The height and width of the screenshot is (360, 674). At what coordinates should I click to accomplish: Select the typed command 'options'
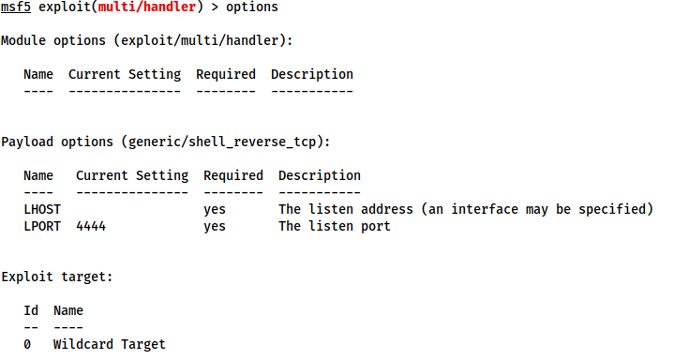[x=251, y=7]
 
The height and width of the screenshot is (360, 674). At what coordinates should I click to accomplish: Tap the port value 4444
[x=91, y=226]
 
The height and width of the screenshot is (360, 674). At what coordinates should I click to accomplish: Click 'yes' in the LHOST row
[x=215, y=209]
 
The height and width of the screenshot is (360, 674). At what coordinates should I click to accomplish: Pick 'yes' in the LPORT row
[x=215, y=226]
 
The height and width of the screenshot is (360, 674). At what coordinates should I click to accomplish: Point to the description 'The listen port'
[x=334, y=226]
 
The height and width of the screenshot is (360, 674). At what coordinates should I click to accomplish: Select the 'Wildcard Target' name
[x=109, y=344]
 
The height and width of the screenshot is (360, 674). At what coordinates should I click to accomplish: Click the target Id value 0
[x=27, y=344]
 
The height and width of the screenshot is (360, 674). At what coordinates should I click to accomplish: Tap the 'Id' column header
[x=31, y=309]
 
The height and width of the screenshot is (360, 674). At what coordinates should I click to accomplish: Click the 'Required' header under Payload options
[x=233, y=175]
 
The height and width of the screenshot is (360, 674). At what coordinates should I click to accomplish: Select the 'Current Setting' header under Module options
[x=124, y=74]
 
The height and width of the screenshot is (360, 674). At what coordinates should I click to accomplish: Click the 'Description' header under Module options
[x=312, y=74]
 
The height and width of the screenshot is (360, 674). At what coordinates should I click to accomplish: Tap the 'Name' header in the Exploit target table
[x=68, y=309]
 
